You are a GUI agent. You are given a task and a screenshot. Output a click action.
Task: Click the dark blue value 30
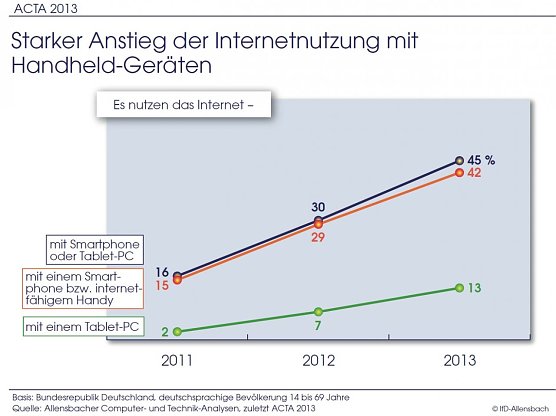[x=317, y=205]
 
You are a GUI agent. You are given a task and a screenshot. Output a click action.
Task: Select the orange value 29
[x=318, y=239]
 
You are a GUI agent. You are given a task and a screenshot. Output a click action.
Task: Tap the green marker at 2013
[x=459, y=288]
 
